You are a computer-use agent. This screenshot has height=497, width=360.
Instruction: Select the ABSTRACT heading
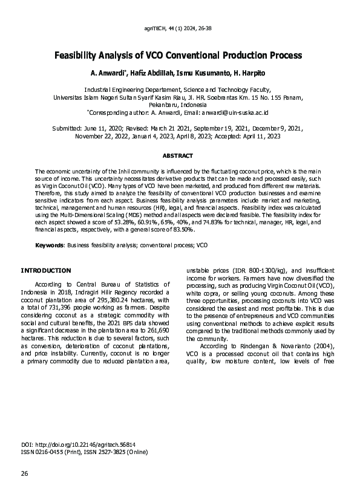[180, 155]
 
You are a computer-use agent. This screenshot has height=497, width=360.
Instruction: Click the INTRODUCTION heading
[46, 270]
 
